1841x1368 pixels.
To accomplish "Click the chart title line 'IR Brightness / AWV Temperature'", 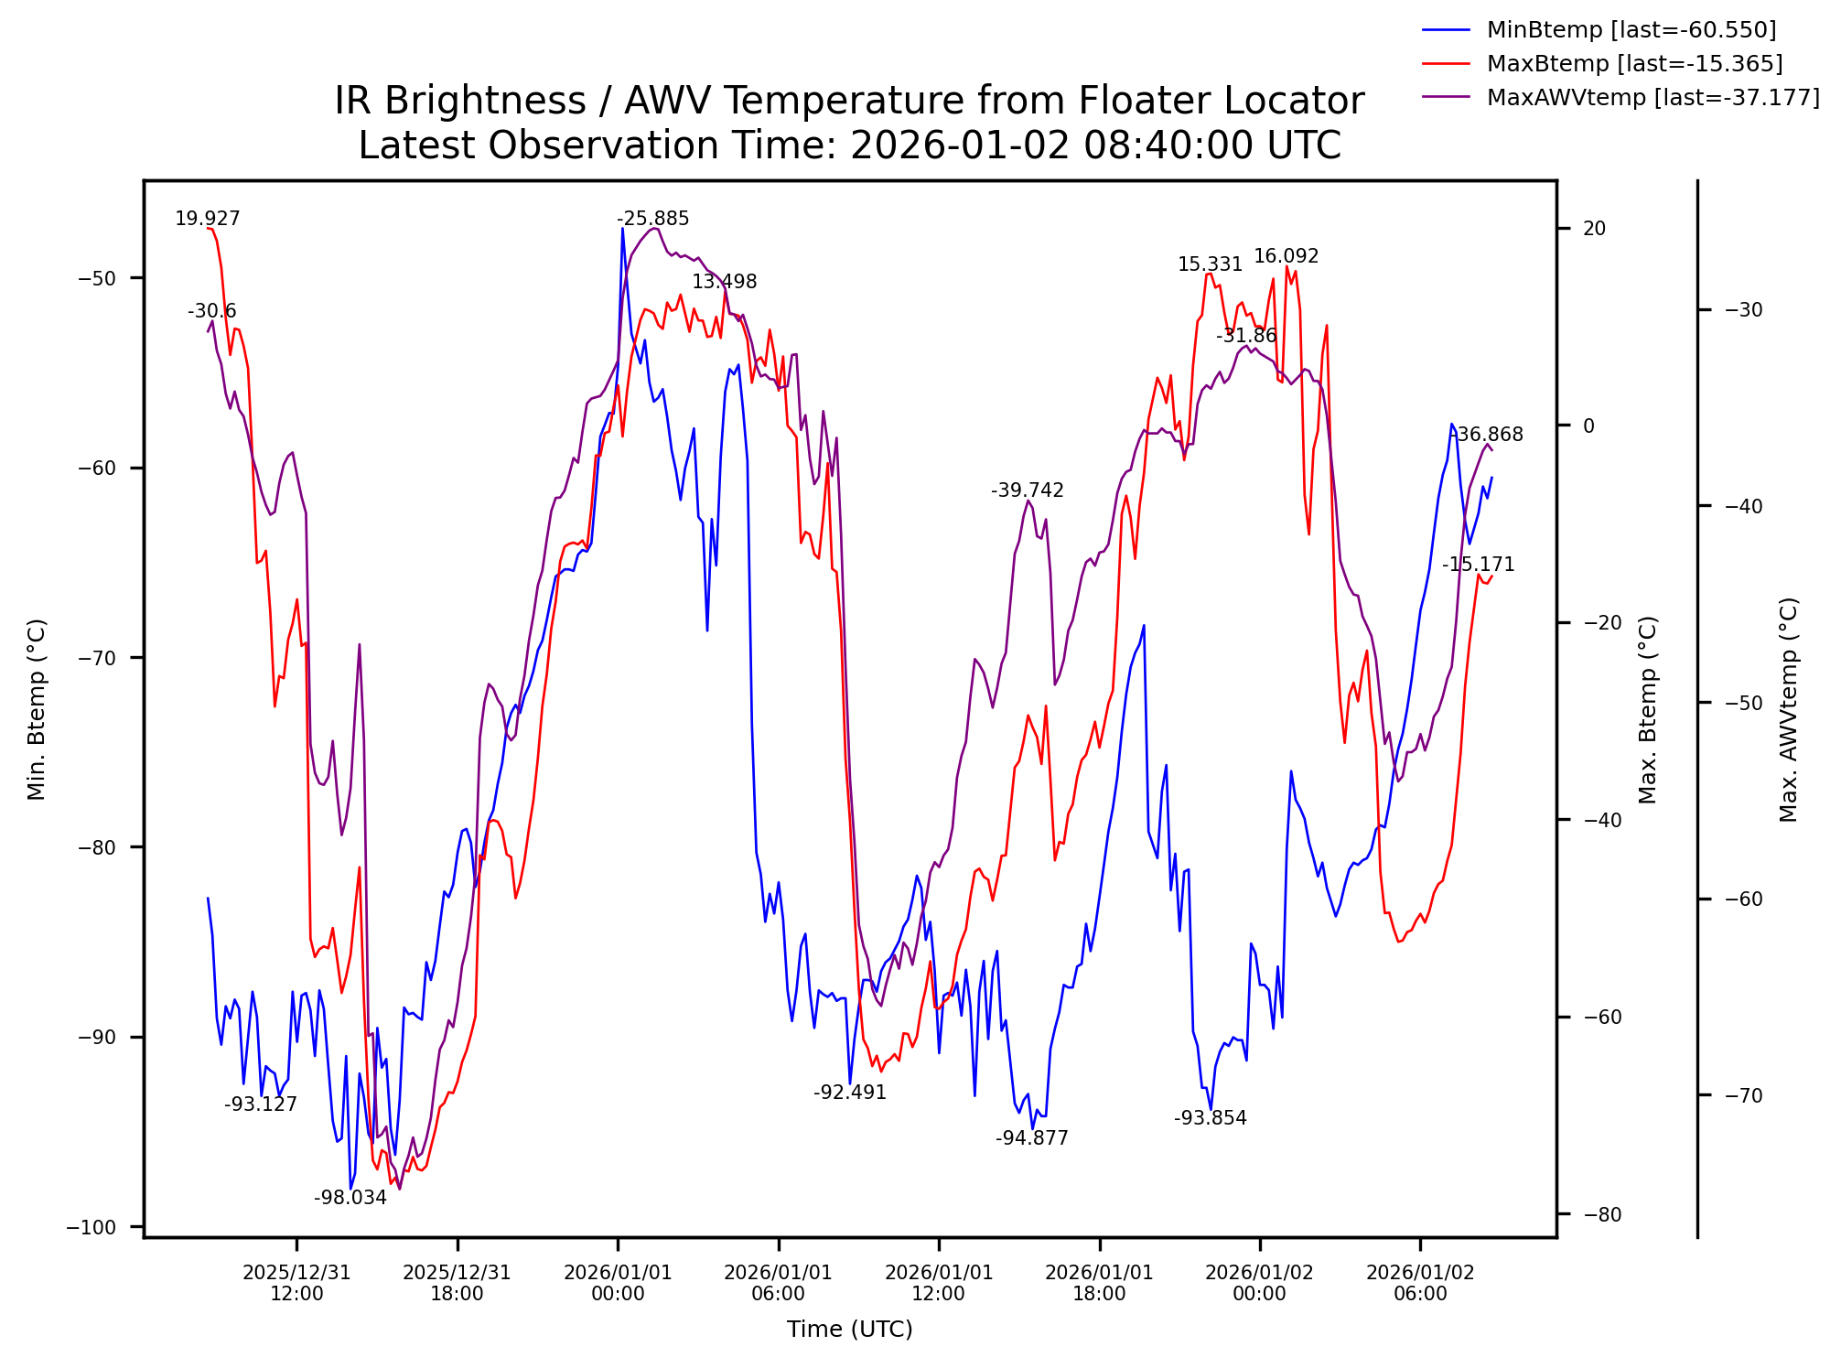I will pos(848,101).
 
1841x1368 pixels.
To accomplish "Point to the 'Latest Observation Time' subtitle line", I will pos(848,145).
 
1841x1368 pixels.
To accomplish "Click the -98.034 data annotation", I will pos(350,1198).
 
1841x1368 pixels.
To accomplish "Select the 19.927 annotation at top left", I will pos(208,219).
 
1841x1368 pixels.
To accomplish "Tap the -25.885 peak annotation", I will pos(652,219).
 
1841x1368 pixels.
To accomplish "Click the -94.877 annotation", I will pos(1031,1138).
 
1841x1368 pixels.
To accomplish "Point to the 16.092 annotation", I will pos(1286,256).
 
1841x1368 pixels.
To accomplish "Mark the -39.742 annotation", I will pos(1027,490).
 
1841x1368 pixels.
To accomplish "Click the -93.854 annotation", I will pos(1210,1118).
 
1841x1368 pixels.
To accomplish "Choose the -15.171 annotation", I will pos(1478,565).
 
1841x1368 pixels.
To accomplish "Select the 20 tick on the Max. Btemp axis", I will pos(1594,229).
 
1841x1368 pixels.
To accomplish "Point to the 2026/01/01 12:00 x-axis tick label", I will pos(939,1283).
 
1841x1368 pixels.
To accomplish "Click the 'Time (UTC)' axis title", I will pos(849,1330).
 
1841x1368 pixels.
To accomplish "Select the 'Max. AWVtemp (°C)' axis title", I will pos(1789,709).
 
